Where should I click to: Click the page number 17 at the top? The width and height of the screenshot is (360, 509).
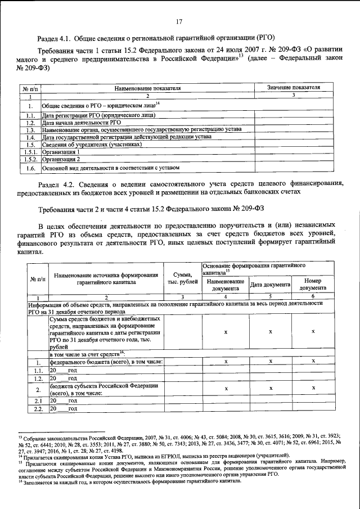(x=179, y=22)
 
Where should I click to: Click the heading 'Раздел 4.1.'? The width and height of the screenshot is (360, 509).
(x=56, y=38)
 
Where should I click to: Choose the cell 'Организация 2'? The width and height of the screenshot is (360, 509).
(x=65, y=159)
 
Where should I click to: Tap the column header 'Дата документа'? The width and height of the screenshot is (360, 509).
(x=270, y=285)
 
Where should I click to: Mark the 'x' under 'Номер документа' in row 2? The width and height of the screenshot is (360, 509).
(x=313, y=389)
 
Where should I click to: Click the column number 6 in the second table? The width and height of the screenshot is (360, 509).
(x=313, y=296)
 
